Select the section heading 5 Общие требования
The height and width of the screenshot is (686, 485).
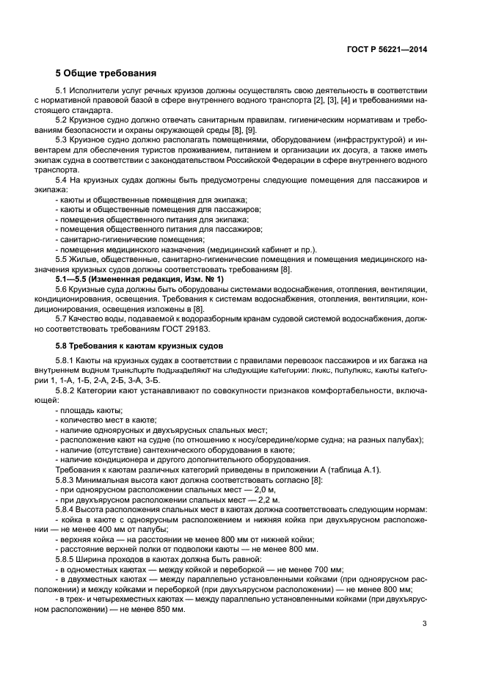click(x=106, y=73)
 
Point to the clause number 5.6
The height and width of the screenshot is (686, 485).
click(x=63, y=289)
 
